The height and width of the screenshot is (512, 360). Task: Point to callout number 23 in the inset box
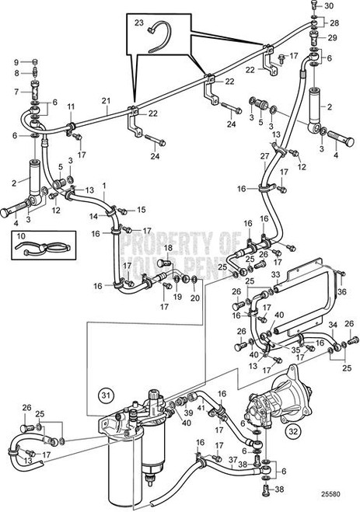[x=139, y=23]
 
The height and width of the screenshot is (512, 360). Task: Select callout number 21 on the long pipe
[x=106, y=101]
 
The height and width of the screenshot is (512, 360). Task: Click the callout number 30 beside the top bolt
[x=327, y=6]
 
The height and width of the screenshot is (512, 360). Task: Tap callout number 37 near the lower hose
[x=232, y=459]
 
